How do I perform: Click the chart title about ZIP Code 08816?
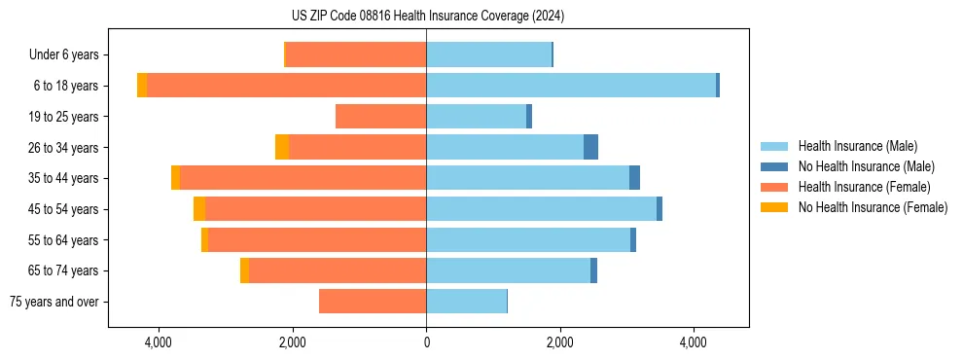click(x=427, y=16)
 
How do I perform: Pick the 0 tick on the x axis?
click(x=426, y=342)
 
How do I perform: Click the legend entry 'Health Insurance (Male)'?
click(x=857, y=146)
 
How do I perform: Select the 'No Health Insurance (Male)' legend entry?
click(x=866, y=166)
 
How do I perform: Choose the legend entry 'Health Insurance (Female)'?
click(x=864, y=187)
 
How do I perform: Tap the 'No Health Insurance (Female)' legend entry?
click(x=873, y=207)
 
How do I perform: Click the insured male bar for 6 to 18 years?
click(x=571, y=86)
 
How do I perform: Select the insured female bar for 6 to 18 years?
click(x=286, y=86)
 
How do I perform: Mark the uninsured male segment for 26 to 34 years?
click(x=590, y=147)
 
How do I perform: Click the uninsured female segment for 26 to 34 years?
click(x=282, y=147)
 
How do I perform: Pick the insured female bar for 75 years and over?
click(x=373, y=302)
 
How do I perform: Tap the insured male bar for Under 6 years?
click(x=488, y=55)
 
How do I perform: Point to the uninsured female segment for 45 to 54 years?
click(x=199, y=209)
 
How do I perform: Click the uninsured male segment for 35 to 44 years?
click(x=634, y=178)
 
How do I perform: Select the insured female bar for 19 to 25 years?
click(x=380, y=117)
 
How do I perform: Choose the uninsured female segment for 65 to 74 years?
click(x=244, y=270)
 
